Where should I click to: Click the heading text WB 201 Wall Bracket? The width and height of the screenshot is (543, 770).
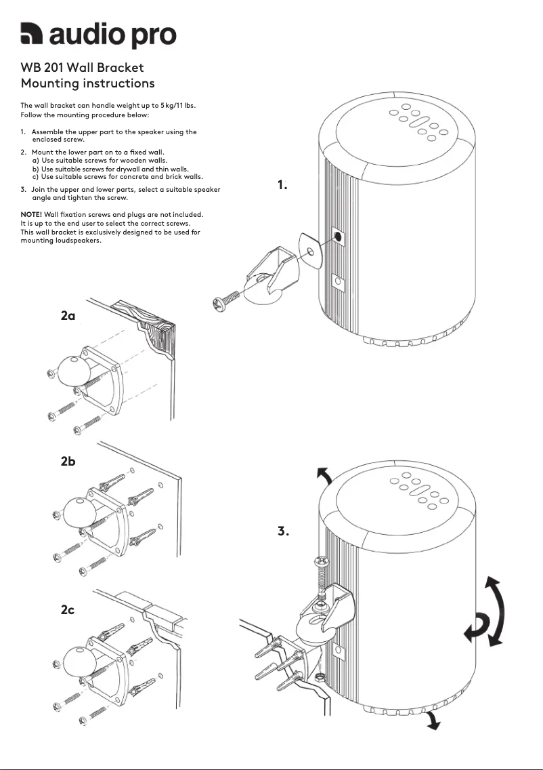(82, 68)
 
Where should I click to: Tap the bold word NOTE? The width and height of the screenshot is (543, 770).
(31, 214)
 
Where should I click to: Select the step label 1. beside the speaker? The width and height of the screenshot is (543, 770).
(282, 184)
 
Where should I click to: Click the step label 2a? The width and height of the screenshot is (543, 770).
(68, 316)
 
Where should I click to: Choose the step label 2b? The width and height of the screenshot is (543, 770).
(68, 462)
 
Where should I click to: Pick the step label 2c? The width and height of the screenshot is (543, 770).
(67, 610)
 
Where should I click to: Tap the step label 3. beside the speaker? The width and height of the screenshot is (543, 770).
(283, 531)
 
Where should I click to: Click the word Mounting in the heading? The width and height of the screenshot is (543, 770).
(50, 83)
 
